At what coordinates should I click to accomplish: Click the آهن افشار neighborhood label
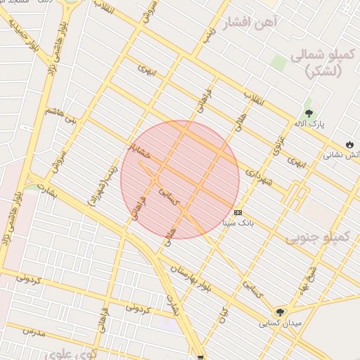250,23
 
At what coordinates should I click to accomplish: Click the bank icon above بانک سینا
238,212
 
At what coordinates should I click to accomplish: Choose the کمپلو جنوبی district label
317,238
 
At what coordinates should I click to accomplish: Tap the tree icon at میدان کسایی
281,311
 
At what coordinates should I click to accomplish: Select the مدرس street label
33,331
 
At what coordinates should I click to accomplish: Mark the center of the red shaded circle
180,180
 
